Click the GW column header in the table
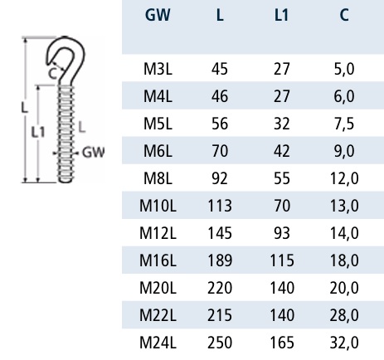coord(158,15)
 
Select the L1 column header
coord(281,15)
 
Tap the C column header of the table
coord(344,15)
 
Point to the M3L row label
coord(158,69)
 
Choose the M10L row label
coord(158,206)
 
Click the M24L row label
coord(158,343)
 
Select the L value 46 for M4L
coord(220,96)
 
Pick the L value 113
coord(220,206)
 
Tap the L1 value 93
coord(282,233)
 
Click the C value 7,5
coord(344,124)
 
